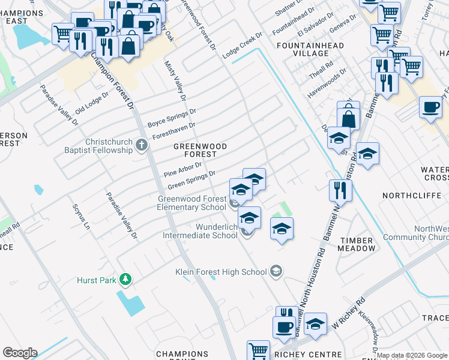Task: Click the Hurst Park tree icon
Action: (x=125, y=279)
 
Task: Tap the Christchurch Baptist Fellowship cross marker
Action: (x=141, y=145)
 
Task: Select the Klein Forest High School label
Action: (x=221, y=272)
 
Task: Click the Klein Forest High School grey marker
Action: (x=276, y=271)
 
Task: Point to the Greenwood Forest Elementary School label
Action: (x=192, y=203)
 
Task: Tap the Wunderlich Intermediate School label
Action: (x=200, y=231)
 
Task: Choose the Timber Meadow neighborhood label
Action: (x=358, y=244)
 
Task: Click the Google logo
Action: (x=20, y=353)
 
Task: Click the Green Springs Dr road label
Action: (x=191, y=179)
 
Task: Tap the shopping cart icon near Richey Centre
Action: (x=259, y=350)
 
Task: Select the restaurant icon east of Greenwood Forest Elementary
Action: (x=340, y=191)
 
